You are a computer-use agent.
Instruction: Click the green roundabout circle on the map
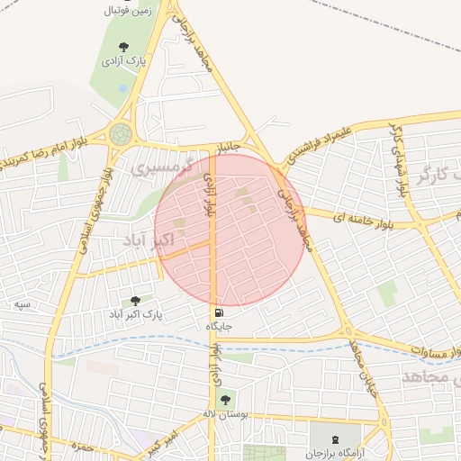pos(120,134)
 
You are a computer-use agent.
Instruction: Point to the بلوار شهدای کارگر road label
pos(397,158)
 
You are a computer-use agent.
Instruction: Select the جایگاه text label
pos(221,326)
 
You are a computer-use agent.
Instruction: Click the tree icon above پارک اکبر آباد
pos(135,301)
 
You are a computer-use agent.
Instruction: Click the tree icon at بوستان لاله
pos(224,398)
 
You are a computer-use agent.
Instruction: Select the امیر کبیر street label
pos(162,441)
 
